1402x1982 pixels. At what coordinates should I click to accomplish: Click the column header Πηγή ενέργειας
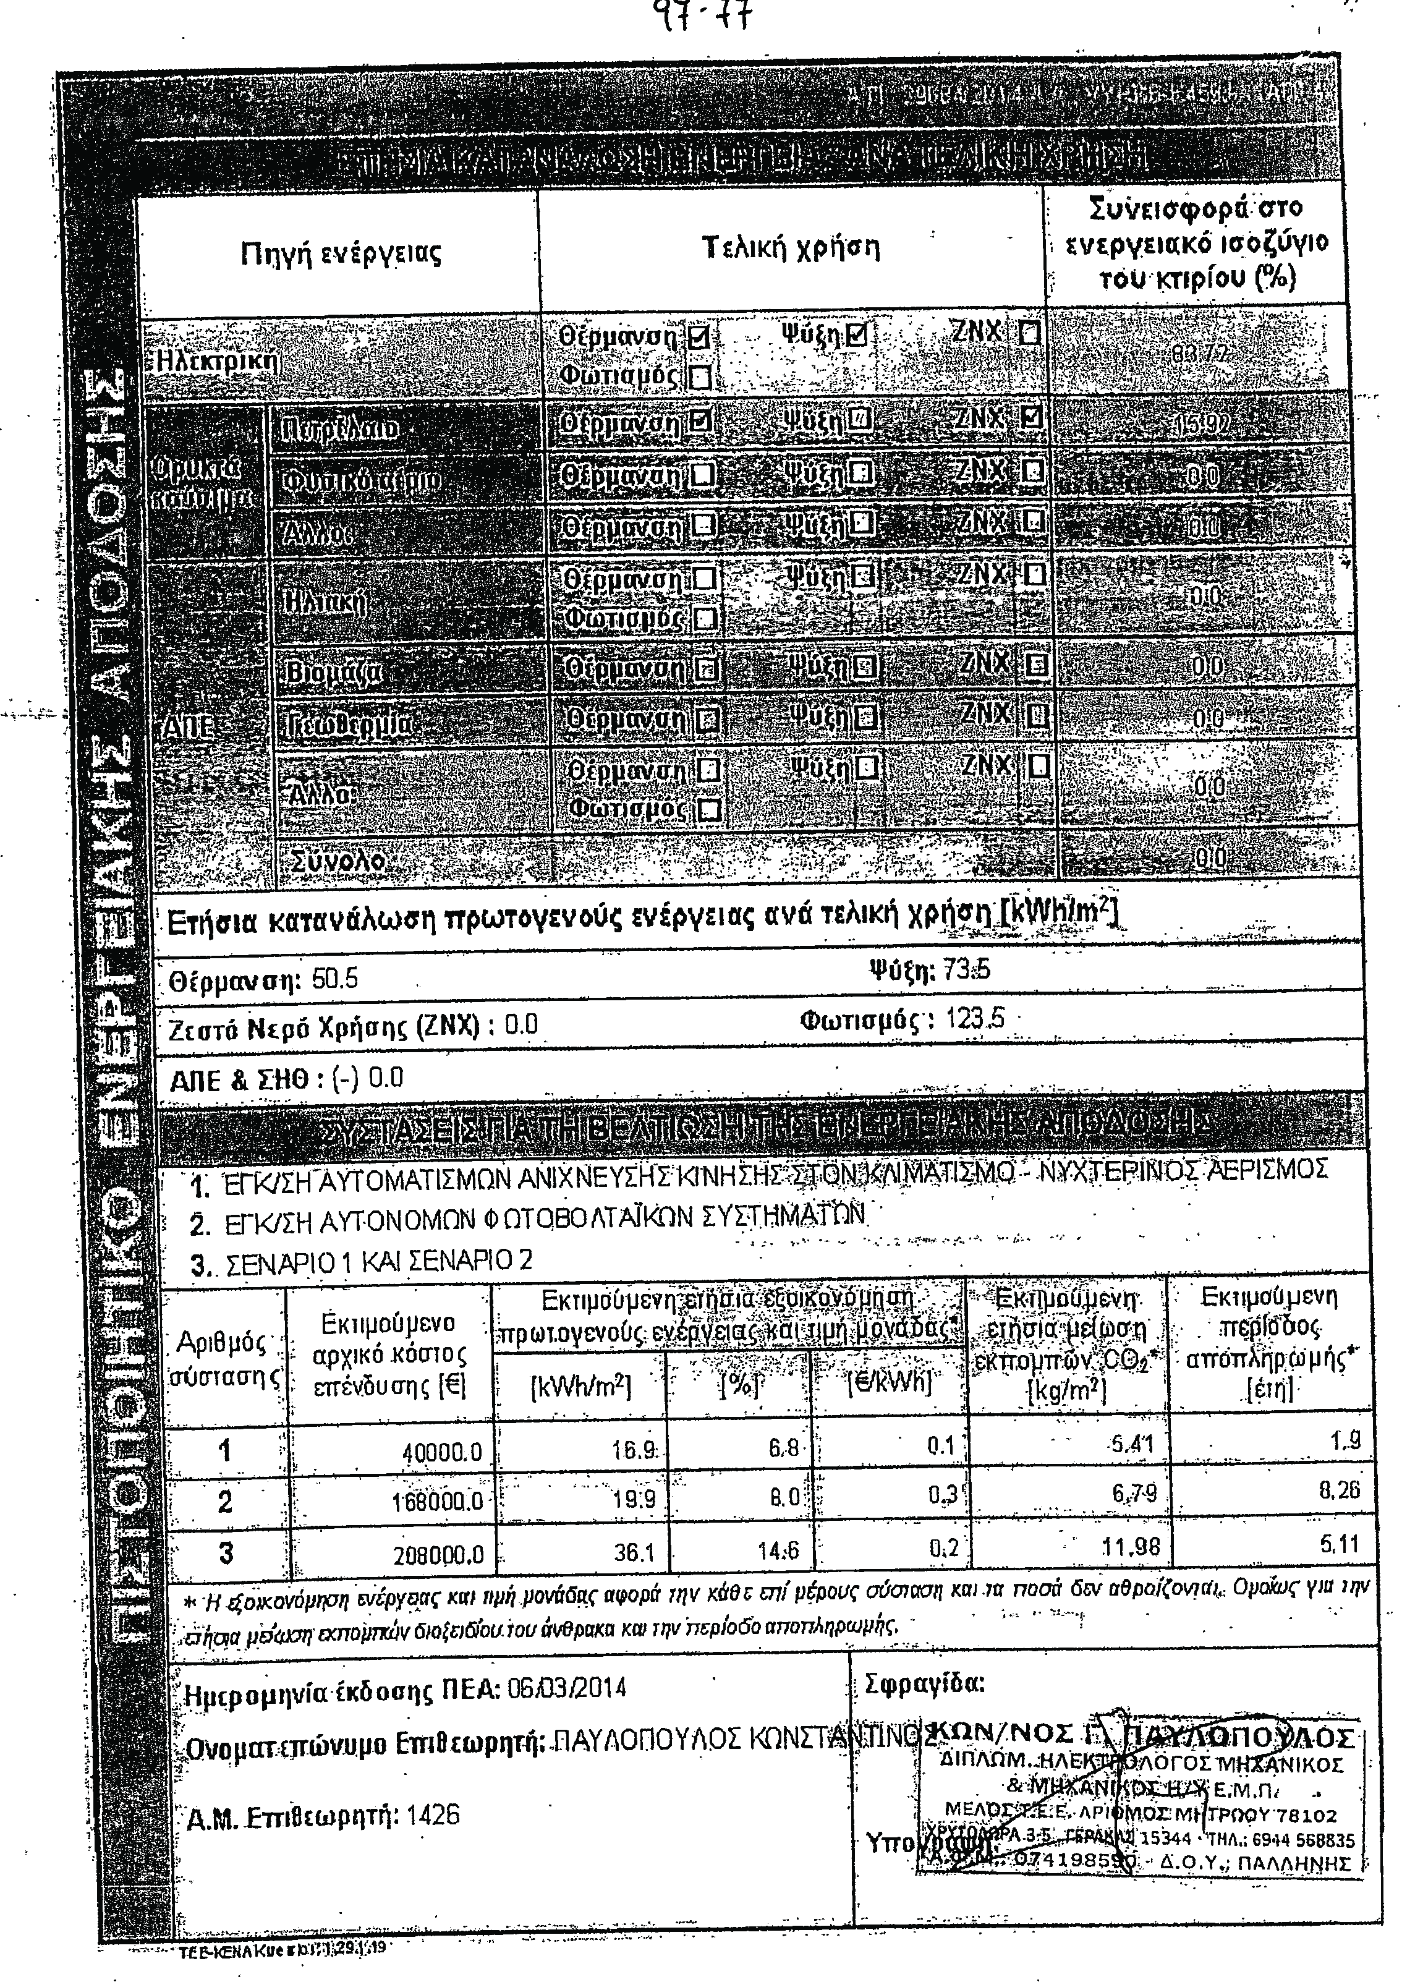341,254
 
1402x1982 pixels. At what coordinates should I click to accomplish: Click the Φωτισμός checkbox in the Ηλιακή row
705,619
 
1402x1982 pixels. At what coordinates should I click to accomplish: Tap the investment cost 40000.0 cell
441,1453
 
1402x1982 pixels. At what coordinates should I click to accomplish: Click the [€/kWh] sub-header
889,1383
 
